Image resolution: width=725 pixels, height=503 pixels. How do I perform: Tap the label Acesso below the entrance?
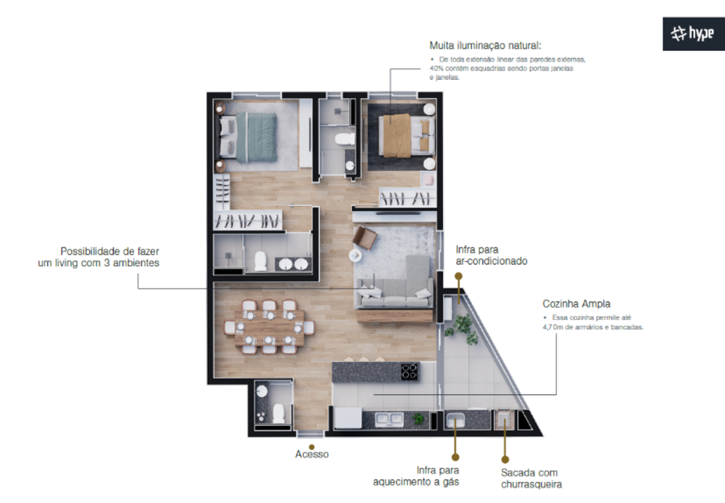pos(312,454)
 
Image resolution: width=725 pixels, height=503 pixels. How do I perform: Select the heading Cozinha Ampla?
pos(576,304)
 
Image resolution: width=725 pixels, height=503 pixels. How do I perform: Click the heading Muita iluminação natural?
pos(485,45)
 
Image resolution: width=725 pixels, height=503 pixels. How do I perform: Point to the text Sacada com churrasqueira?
pos(531,478)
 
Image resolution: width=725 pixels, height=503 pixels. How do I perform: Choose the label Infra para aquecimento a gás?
pos(416,475)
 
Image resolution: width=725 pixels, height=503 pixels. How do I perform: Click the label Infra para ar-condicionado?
pos(491,255)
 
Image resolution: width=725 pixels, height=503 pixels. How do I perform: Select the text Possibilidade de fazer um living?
pos(99,256)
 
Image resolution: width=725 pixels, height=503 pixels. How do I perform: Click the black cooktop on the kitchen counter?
pos(410,372)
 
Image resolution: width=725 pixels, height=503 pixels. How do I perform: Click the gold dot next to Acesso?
pos(312,446)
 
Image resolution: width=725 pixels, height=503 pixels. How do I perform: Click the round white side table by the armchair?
pos(355,255)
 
